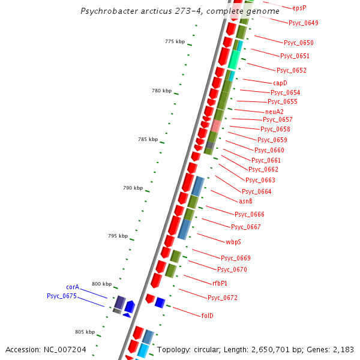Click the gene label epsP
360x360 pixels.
pyautogui.click(x=299, y=8)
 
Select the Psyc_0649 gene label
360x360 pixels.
pyautogui.click(x=303, y=23)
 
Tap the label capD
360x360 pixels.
pyautogui.click(x=280, y=83)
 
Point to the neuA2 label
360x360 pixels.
pyautogui.click(x=274, y=112)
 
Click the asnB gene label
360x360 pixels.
pyautogui.click(x=246, y=201)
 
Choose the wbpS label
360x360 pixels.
pyautogui.click(x=233, y=242)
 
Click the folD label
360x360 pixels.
pyautogui.click(x=207, y=316)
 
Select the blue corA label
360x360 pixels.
pyautogui.click(x=73, y=287)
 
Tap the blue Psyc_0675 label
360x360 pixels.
pyautogui.click(x=62, y=296)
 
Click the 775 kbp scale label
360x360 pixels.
pyautogui.click(x=175, y=41)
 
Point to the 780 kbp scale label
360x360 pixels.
pyautogui.click(x=161, y=91)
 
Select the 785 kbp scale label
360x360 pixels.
pyautogui.click(x=148, y=139)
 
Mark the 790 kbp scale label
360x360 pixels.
pyautogui.click(x=133, y=188)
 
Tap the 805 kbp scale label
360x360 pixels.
pyautogui.click(x=85, y=332)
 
